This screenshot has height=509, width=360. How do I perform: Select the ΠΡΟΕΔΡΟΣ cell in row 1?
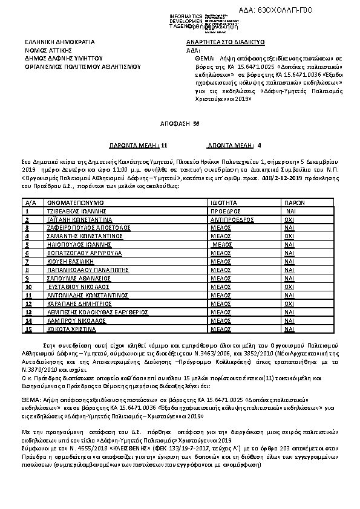224,212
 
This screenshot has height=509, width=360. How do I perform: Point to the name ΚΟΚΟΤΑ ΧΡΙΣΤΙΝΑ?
71,330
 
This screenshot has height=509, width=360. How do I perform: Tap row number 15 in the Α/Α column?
28,330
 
